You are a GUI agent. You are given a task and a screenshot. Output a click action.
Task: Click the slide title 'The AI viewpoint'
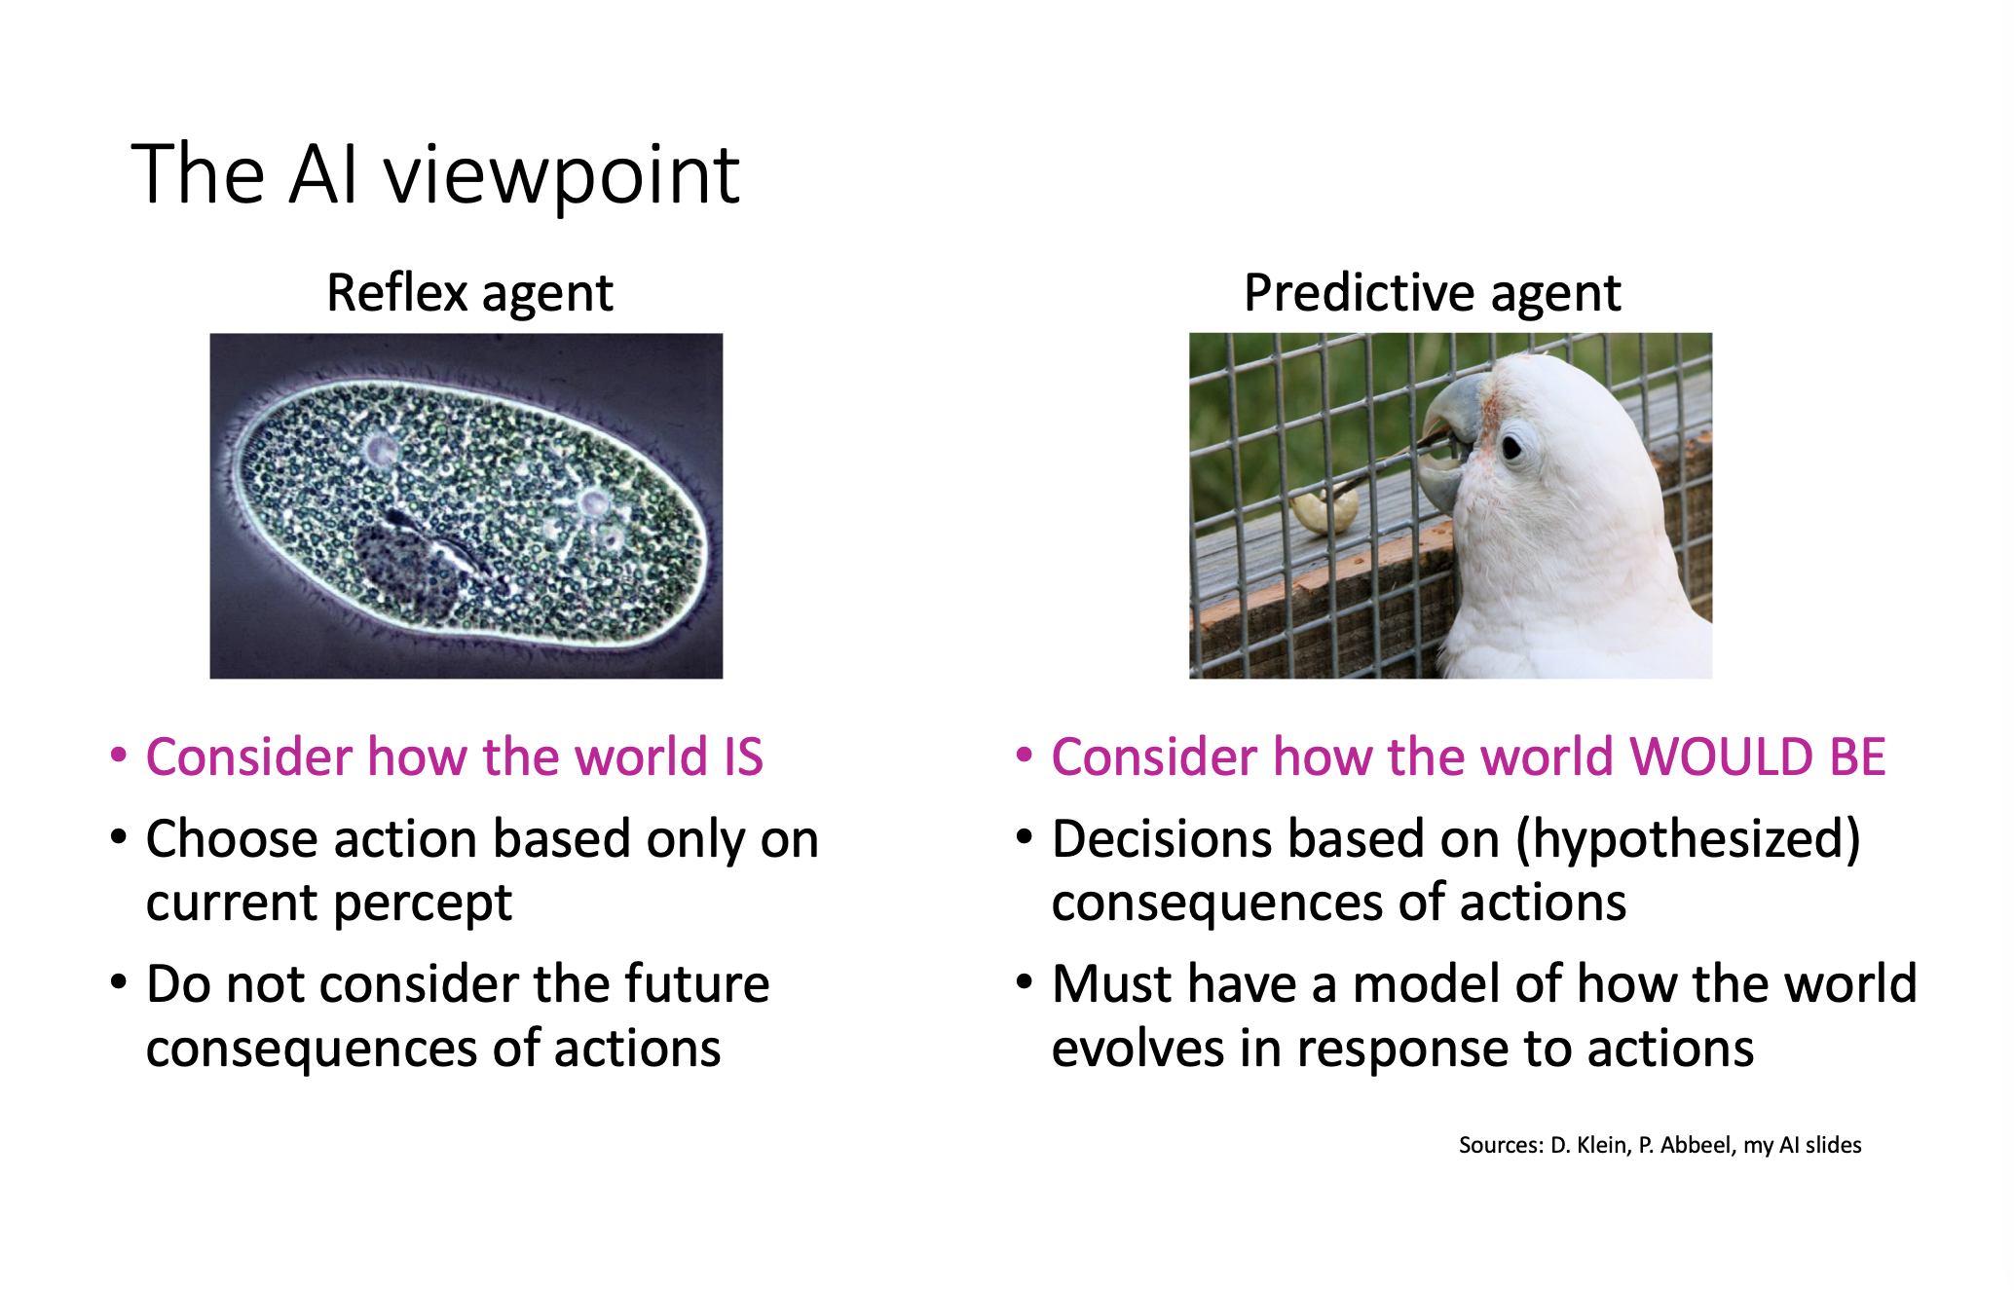(x=435, y=176)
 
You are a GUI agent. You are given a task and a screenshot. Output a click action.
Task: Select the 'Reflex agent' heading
(x=469, y=293)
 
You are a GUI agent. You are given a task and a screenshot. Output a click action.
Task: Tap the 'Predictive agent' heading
(x=1433, y=293)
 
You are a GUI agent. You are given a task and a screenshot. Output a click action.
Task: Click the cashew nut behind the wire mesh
(x=1325, y=511)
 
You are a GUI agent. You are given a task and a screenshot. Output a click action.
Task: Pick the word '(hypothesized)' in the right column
(x=1689, y=840)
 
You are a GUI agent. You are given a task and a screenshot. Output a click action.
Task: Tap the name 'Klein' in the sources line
(x=1603, y=1145)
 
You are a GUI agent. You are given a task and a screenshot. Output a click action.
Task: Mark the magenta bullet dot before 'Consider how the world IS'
(x=119, y=756)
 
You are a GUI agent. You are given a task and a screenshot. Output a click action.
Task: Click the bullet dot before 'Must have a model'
(x=1024, y=981)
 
